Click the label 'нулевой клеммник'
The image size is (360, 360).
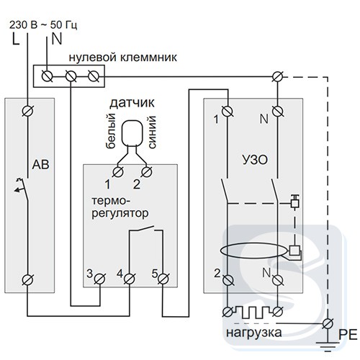pos(123,58)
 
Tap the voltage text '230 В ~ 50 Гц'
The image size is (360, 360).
pos(43,25)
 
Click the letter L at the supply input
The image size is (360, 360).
pos(16,39)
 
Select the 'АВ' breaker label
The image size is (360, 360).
pos(41,164)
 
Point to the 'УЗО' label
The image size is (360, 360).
pos(255,160)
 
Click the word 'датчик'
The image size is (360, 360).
pos(132,103)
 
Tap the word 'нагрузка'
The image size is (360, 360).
pos(254,333)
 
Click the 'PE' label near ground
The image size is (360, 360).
pos(348,334)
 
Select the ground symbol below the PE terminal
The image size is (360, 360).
pos(328,346)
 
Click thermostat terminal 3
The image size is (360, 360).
pos(100,279)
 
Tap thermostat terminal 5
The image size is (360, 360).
pos(163,279)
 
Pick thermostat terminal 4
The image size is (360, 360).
pos(130,279)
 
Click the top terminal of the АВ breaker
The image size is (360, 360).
pos(28,111)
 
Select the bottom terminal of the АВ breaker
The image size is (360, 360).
pos(28,280)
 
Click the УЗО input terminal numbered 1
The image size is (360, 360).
pos(228,111)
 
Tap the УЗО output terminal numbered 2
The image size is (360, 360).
pos(228,280)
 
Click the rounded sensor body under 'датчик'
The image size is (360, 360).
pos(132,133)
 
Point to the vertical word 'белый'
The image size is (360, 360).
pos(111,131)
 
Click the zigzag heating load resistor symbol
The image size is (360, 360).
pos(253,312)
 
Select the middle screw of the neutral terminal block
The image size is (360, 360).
pos(71,76)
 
